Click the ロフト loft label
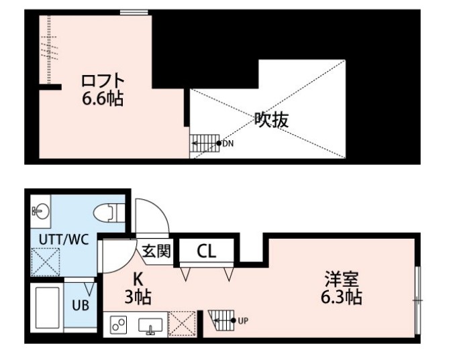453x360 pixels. coord(103,82)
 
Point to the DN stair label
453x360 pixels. coord(228,143)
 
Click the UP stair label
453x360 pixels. coord(243,320)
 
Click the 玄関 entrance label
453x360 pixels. coord(156,251)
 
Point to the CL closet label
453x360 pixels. coord(206,252)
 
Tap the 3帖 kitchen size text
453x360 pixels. coord(138,296)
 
